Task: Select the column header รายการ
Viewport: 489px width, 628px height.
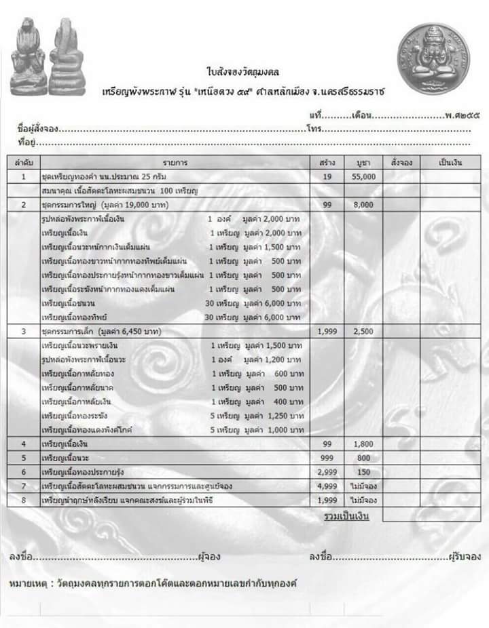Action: (x=175, y=163)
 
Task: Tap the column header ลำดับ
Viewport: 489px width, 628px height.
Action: (x=23, y=163)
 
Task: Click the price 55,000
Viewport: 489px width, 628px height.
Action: (x=363, y=177)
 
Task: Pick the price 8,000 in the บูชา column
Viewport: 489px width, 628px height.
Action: (x=363, y=204)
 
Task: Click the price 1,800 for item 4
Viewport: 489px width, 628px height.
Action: (x=363, y=444)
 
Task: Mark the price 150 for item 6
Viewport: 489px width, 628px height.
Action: (x=363, y=471)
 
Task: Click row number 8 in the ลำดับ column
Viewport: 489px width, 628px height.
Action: (x=23, y=500)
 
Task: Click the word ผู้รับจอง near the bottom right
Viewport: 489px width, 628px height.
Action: (x=464, y=557)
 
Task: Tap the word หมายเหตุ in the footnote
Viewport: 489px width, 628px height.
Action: (x=28, y=583)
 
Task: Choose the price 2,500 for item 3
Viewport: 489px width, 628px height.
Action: (x=363, y=331)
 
